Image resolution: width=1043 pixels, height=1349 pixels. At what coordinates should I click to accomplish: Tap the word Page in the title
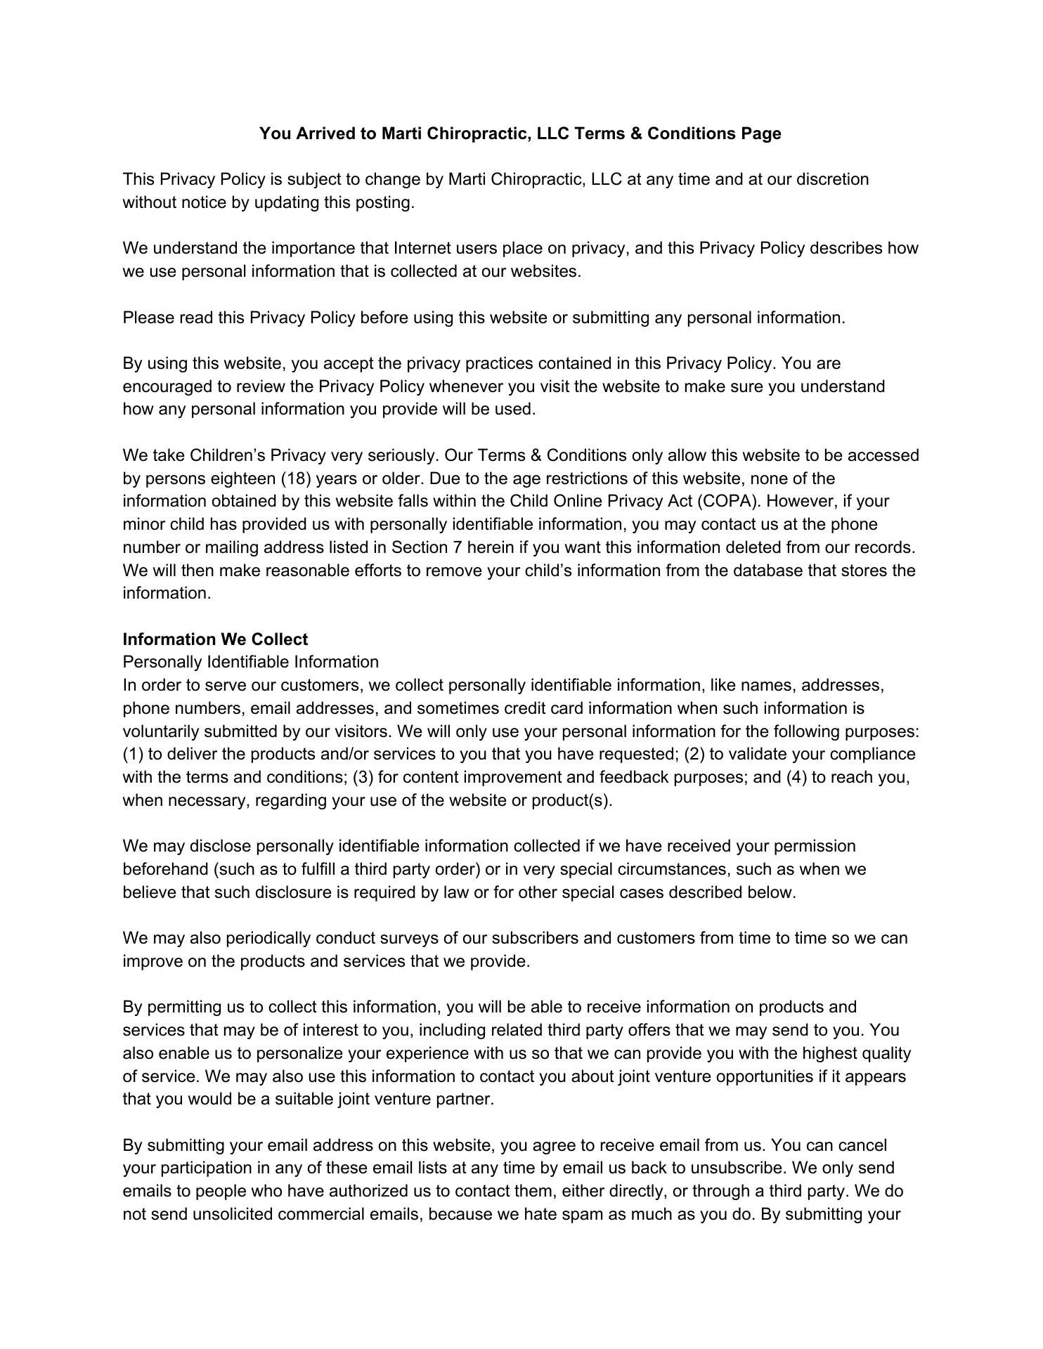760,133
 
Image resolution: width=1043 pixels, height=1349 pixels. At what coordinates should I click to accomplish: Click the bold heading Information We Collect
215,639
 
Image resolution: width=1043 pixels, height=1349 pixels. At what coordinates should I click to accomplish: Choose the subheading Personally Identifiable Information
250,663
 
